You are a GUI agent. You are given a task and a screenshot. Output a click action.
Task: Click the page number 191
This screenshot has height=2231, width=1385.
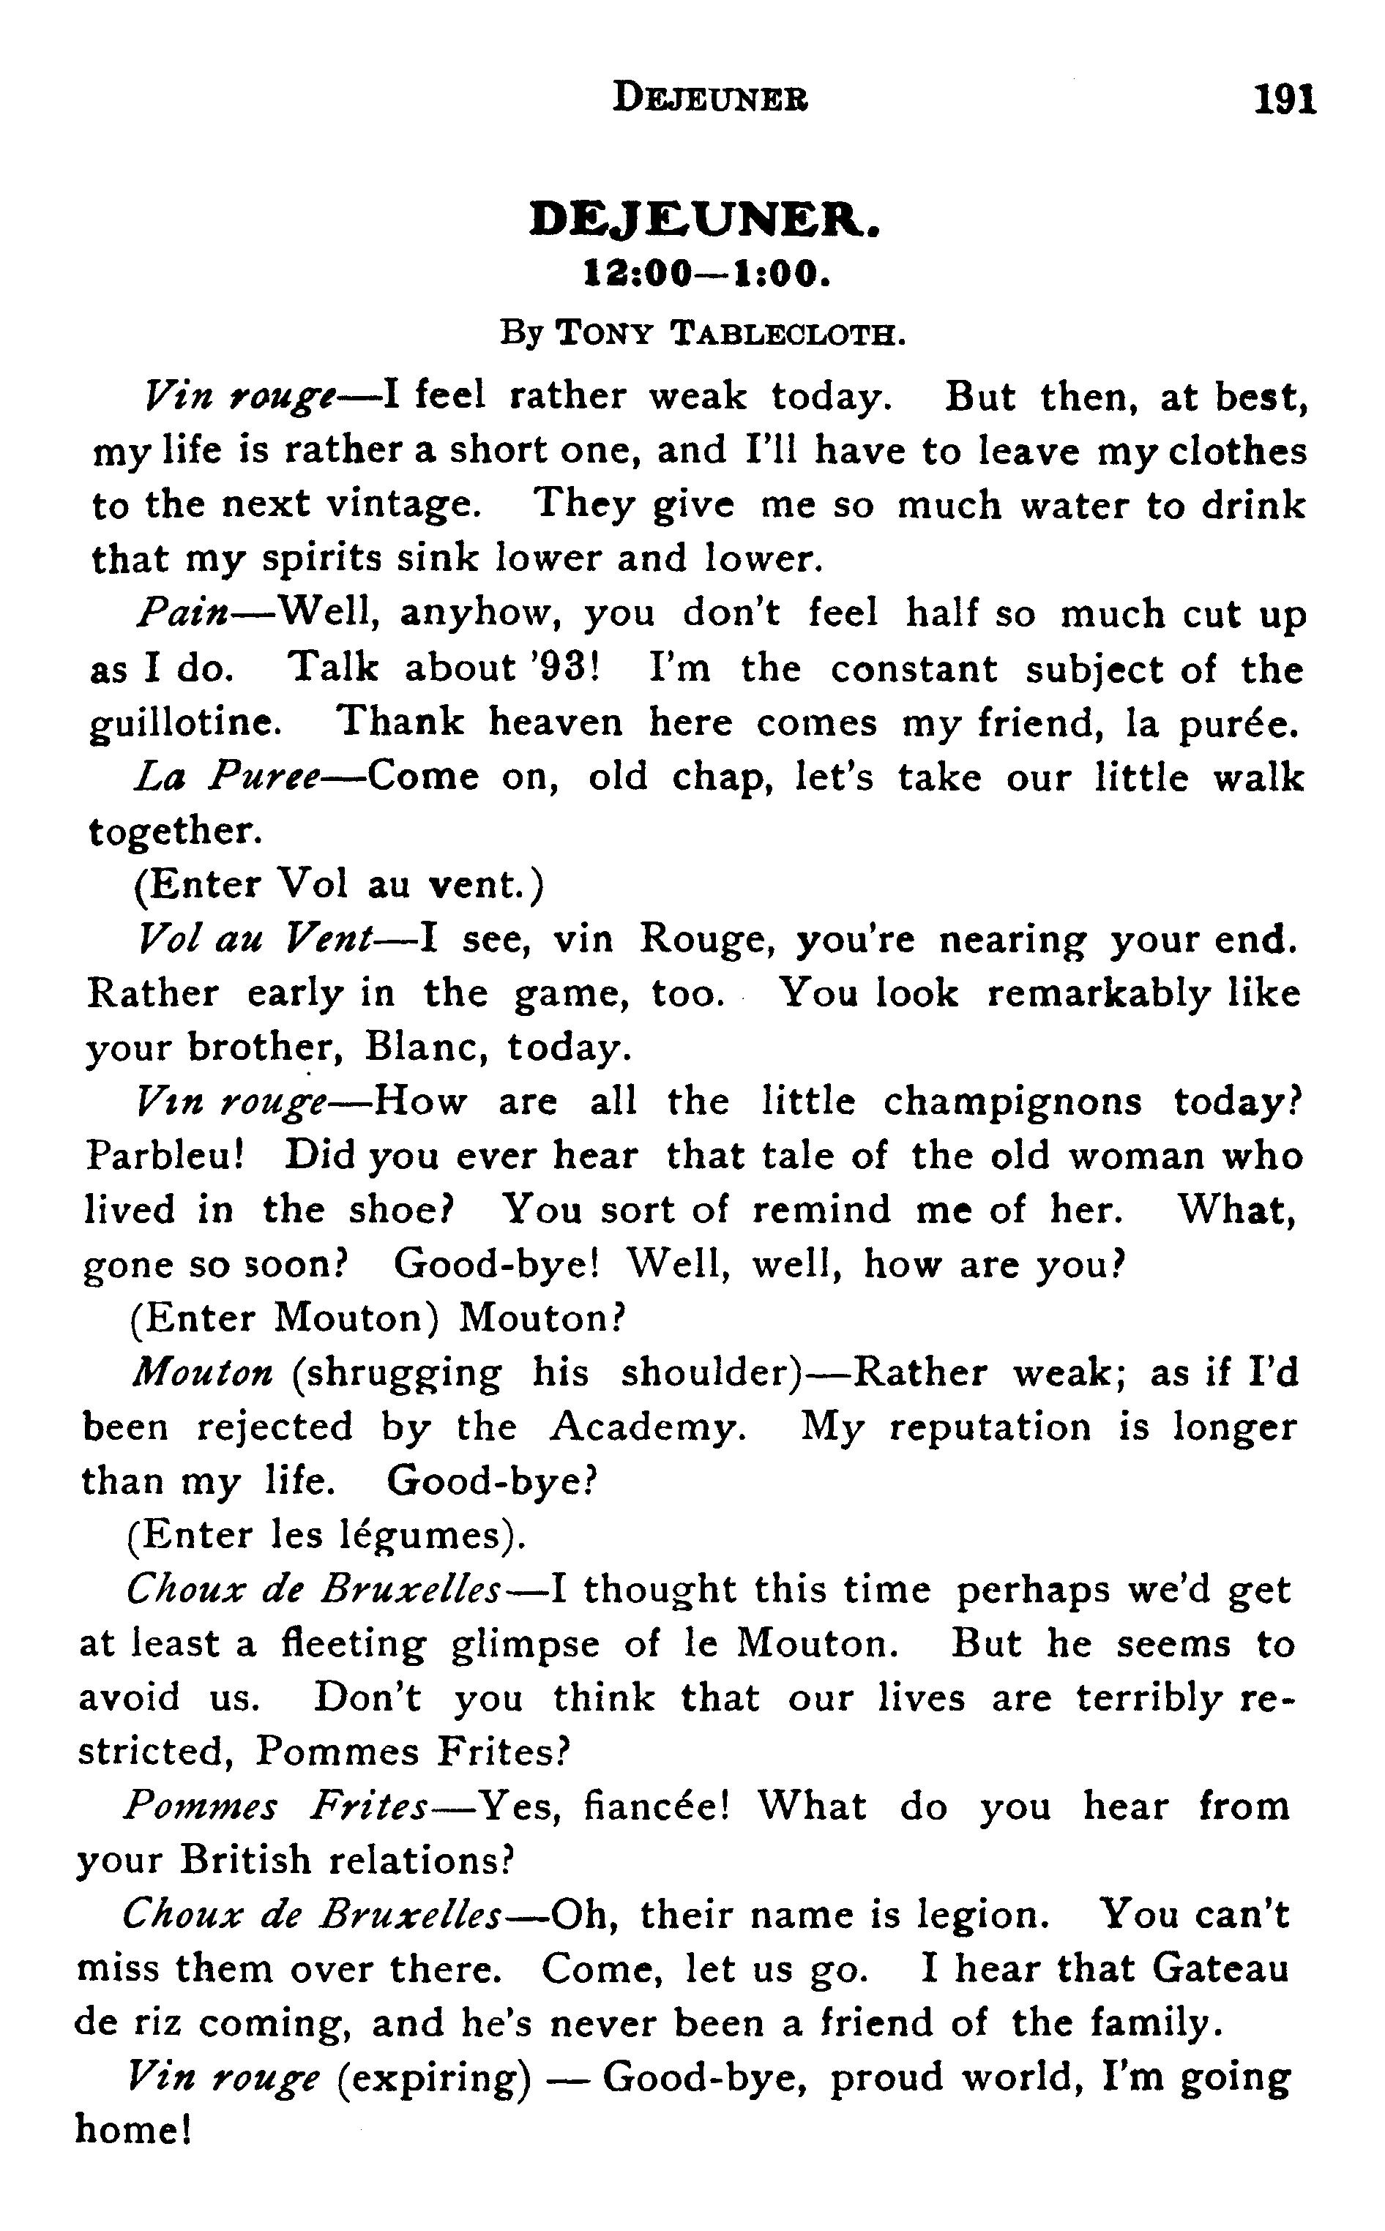pos(1285,98)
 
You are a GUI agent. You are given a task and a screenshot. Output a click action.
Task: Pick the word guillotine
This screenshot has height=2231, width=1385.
pos(185,725)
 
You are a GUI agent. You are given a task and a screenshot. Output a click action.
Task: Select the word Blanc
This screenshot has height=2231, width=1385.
pos(422,1047)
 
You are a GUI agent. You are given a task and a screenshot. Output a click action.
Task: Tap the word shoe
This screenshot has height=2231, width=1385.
pos(400,1211)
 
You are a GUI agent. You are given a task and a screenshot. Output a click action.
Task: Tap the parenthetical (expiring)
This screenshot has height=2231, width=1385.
pos(434,2079)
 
